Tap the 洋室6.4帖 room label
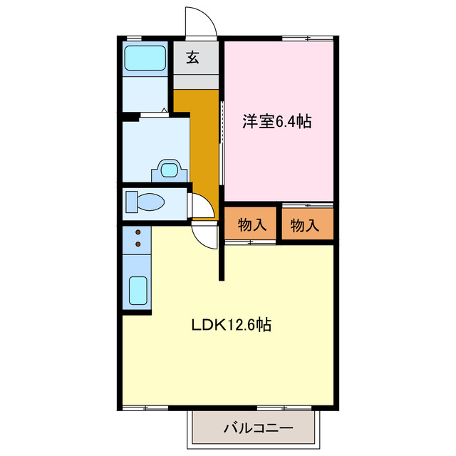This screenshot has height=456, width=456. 276,122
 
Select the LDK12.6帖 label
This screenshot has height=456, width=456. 230,325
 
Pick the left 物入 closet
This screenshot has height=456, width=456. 252,224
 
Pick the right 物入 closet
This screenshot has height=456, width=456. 305,224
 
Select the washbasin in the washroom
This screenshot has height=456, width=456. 169,170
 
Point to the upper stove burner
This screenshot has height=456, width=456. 138,232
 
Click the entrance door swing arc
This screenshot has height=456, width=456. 201,20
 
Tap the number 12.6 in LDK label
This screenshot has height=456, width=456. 241,325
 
